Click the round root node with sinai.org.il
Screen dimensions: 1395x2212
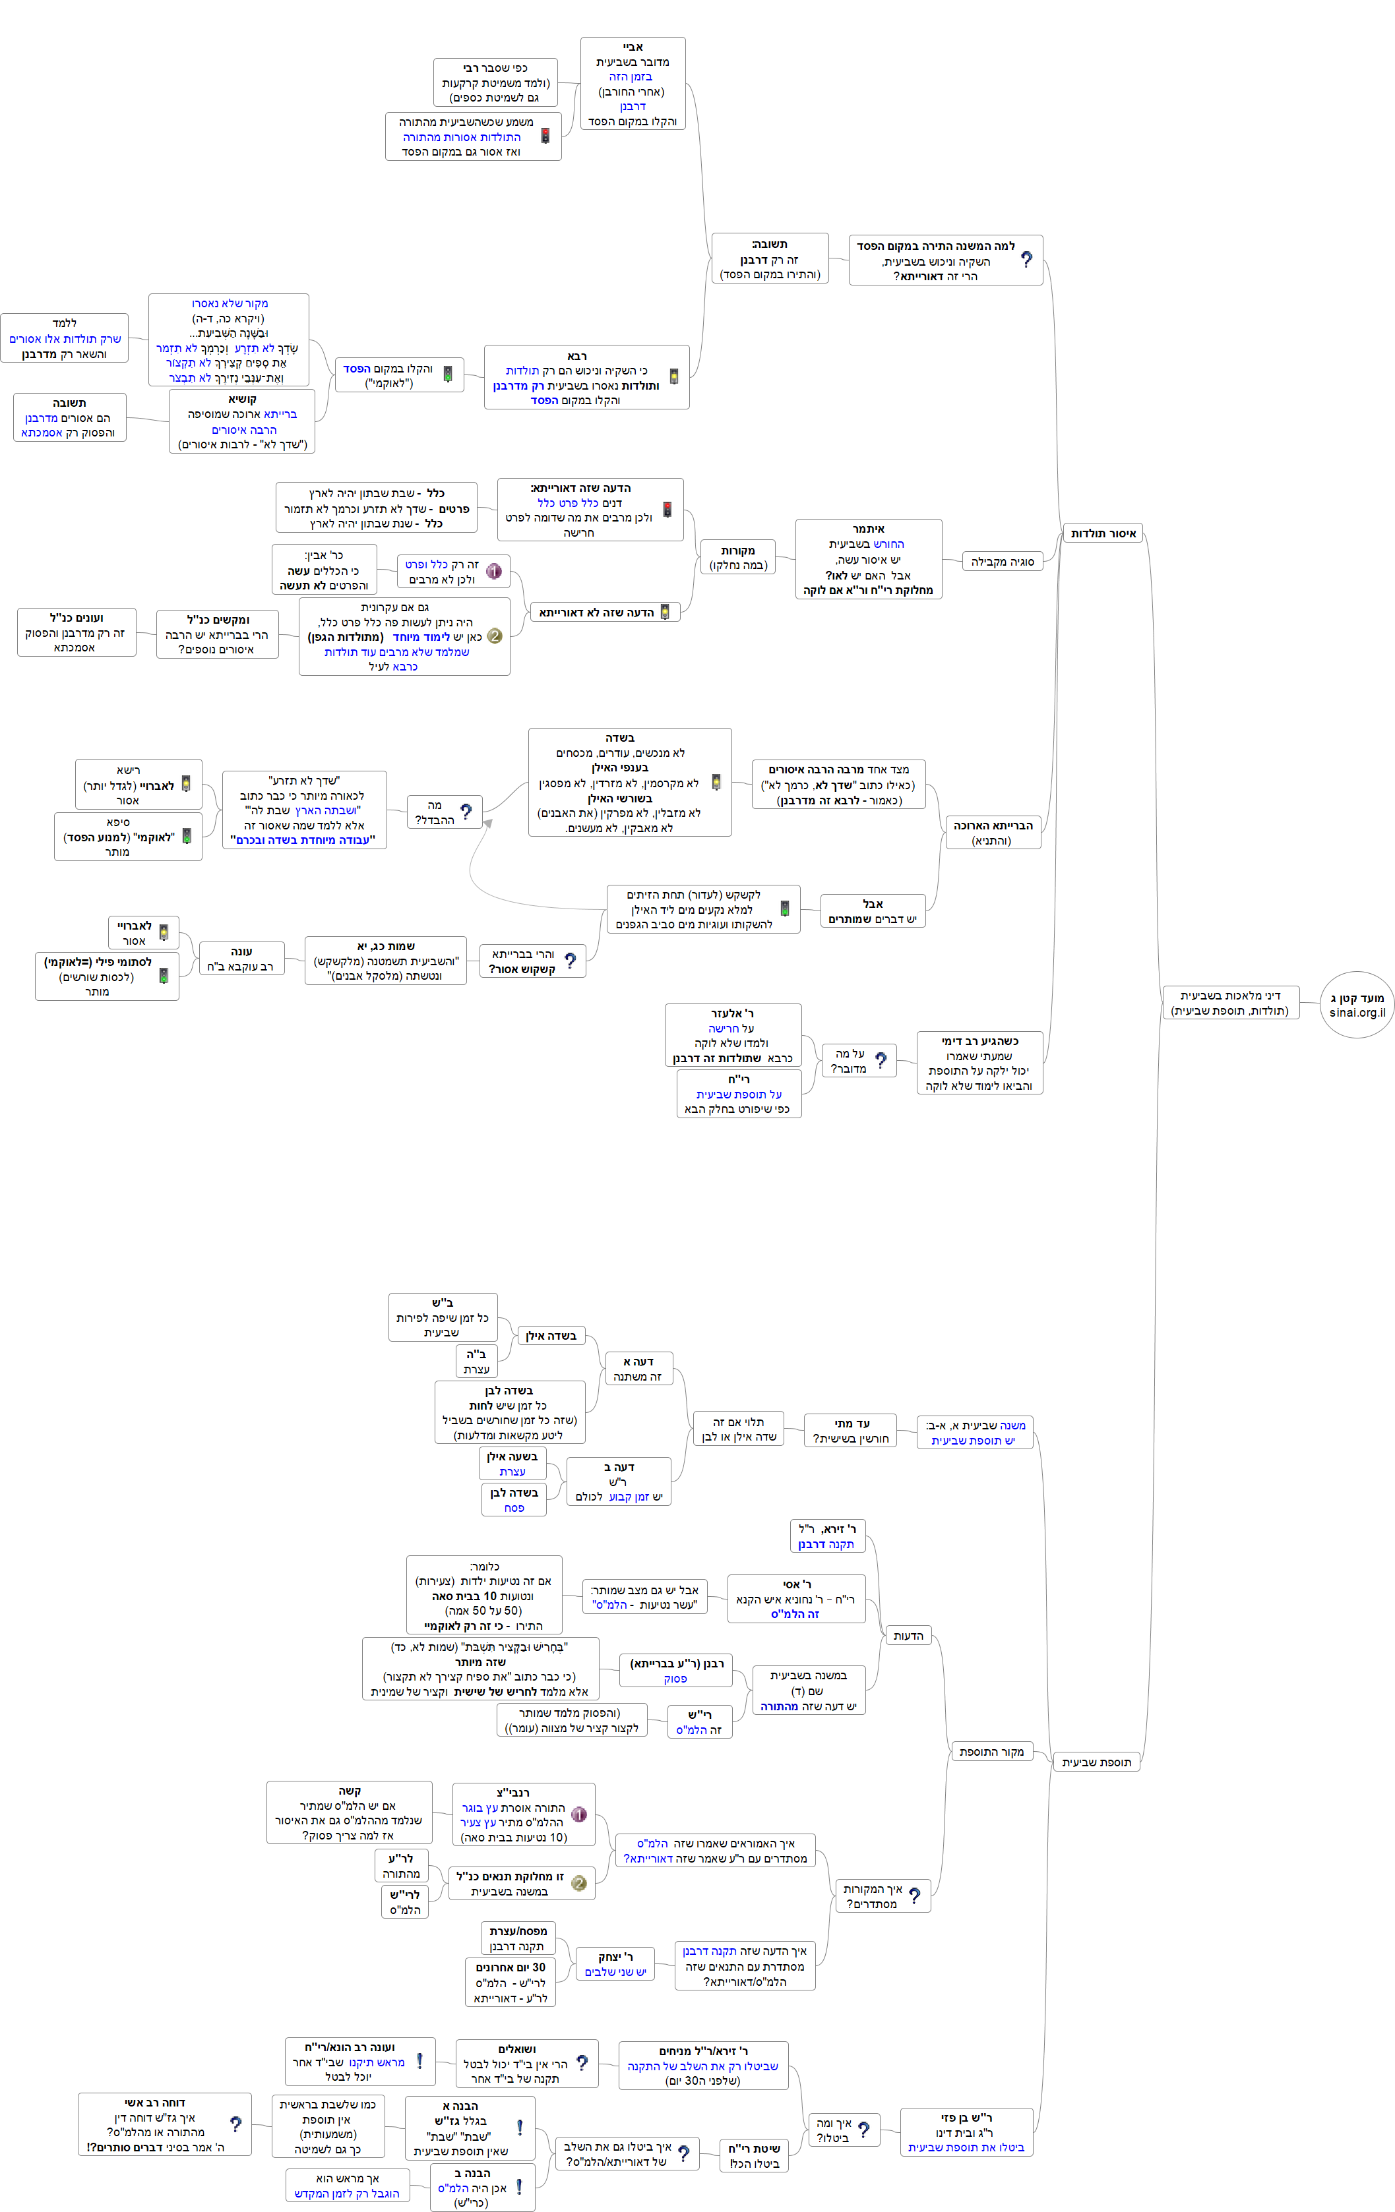pos(1356,1005)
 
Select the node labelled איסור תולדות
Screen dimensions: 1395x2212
pos(1103,533)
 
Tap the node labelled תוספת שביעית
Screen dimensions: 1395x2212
pos(1096,1762)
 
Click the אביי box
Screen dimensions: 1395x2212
pos(633,84)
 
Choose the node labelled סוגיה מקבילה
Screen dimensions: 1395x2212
pos(1002,561)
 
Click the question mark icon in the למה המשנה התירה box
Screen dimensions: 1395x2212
pos(1026,260)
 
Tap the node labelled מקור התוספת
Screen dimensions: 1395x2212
pos(991,1752)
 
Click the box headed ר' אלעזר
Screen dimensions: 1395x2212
pos(732,1035)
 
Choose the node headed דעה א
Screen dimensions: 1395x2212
pos(638,1369)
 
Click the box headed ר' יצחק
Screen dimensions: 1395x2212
pos(615,1964)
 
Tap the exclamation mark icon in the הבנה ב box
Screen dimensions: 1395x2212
pos(519,2187)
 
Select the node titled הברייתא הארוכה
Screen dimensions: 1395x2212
pos(993,832)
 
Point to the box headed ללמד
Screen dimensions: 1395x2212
pos(65,338)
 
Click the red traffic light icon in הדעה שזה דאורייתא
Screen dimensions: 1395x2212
pos(667,510)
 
